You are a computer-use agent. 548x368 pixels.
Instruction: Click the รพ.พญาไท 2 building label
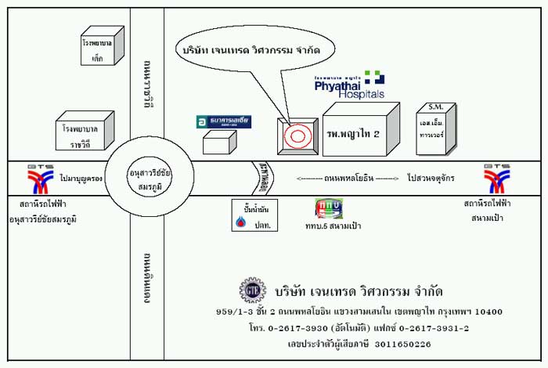tap(353, 134)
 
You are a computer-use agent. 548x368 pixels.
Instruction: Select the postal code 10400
tap(486, 312)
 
